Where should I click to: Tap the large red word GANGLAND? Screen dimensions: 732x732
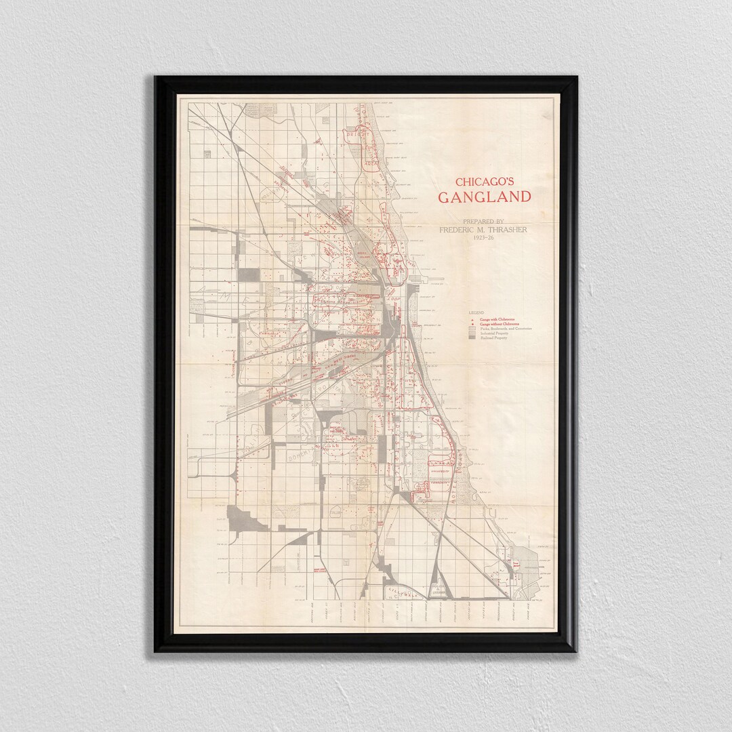click(483, 197)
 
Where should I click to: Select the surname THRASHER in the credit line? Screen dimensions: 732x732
click(503, 230)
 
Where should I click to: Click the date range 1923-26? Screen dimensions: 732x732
click(483, 237)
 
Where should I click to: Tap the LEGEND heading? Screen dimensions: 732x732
click(476, 312)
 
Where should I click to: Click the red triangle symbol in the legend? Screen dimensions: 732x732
click(472, 319)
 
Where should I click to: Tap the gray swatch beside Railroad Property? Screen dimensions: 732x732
click(472, 338)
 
